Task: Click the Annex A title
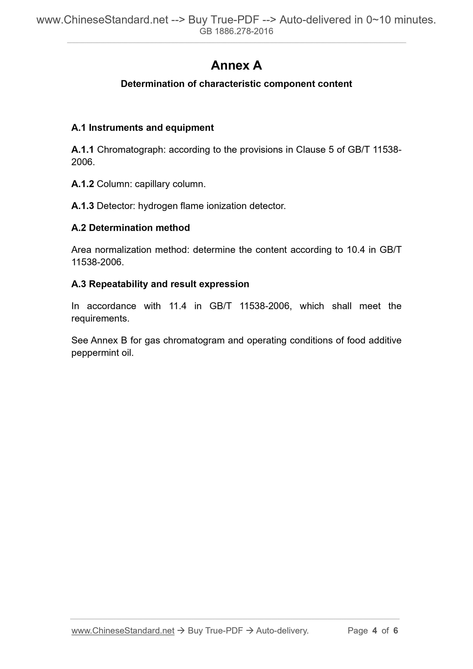236,66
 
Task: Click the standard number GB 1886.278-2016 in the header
236,31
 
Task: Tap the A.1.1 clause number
82,150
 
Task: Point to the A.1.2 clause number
82,184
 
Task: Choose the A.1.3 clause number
82,206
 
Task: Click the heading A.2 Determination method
131,228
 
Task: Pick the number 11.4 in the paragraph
177,306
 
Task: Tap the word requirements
100,319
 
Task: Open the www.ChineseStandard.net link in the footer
123,631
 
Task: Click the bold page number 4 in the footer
375,631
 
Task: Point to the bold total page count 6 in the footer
395,631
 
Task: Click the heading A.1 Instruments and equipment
142,128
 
